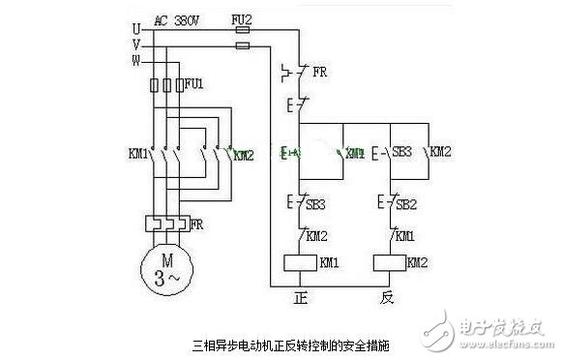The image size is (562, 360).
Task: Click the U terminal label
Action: click(x=136, y=29)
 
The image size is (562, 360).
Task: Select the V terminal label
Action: click(x=136, y=45)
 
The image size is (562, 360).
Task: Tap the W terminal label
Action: click(x=136, y=59)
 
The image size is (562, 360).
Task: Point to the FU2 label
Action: click(x=242, y=19)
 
